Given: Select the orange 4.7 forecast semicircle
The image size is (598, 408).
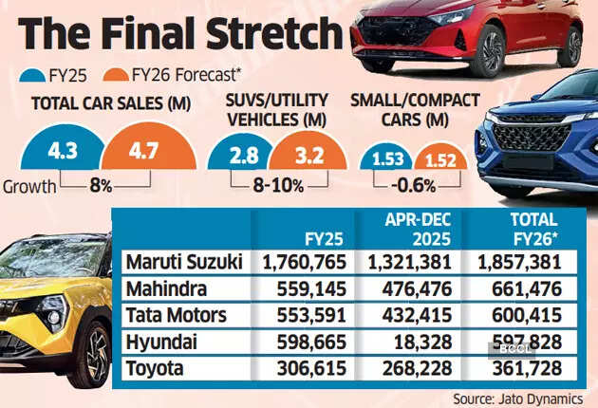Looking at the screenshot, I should pos(140,151).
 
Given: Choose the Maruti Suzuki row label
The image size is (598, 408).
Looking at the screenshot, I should pos(181,262).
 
